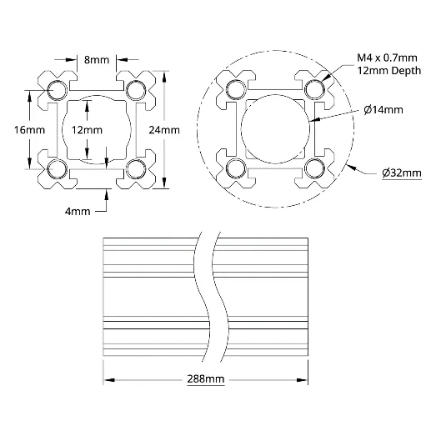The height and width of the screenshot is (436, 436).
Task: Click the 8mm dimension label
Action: pos(97,60)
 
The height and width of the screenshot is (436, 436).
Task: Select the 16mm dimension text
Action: pos(29,130)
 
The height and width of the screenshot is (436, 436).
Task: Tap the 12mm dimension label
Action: pos(87,130)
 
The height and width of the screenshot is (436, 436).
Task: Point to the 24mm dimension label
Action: pos(164,130)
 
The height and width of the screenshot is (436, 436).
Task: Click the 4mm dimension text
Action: pos(78,212)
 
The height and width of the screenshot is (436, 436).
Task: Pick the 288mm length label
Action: pos(205,379)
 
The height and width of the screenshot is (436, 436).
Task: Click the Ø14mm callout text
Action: pos(383,110)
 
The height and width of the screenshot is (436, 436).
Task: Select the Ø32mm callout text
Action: pos(402,173)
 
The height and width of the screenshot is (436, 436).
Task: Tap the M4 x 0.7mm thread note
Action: pos(387,58)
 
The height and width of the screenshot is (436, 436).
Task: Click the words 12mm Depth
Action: pos(389,71)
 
